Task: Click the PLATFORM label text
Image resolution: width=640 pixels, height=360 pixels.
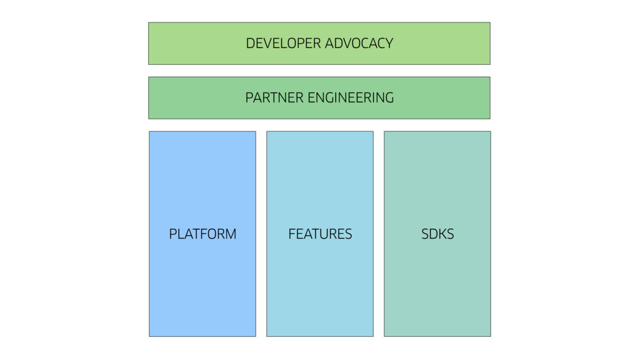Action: (x=202, y=234)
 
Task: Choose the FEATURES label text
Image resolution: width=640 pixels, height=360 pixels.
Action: (x=320, y=234)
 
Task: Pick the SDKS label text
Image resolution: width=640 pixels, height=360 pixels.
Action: (x=437, y=234)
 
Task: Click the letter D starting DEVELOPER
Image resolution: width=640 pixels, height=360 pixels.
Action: (x=250, y=43)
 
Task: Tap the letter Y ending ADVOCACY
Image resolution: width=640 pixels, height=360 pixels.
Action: (x=389, y=43)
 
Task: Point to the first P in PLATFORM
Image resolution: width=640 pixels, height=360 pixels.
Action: (x=172, y=234)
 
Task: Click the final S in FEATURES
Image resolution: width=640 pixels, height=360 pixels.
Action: (x=348, y=234)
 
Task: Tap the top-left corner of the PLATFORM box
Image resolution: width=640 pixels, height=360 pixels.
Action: (x=149, y=131)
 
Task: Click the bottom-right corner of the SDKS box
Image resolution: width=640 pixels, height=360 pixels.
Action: (x=491, y=336)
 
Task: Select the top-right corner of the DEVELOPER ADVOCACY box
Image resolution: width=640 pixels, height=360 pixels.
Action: (x=490, y=22)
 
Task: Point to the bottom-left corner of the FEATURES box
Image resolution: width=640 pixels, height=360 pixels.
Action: (x=267, y=336)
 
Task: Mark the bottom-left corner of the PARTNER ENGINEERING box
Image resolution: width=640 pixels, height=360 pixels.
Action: (x=149, y=119)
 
